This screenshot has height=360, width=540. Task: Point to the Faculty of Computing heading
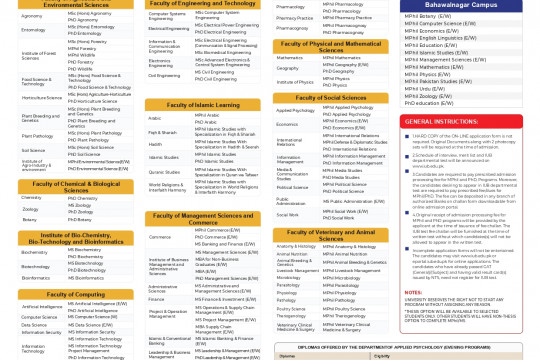click(x=69, y=294)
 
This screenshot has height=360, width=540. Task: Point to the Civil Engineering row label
click(x=165, y=75)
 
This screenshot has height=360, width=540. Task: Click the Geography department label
click(x=287, y=69)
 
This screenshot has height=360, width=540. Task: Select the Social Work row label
click(x=288, y=213)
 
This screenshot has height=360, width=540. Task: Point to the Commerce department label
click(x=159, y=236)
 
